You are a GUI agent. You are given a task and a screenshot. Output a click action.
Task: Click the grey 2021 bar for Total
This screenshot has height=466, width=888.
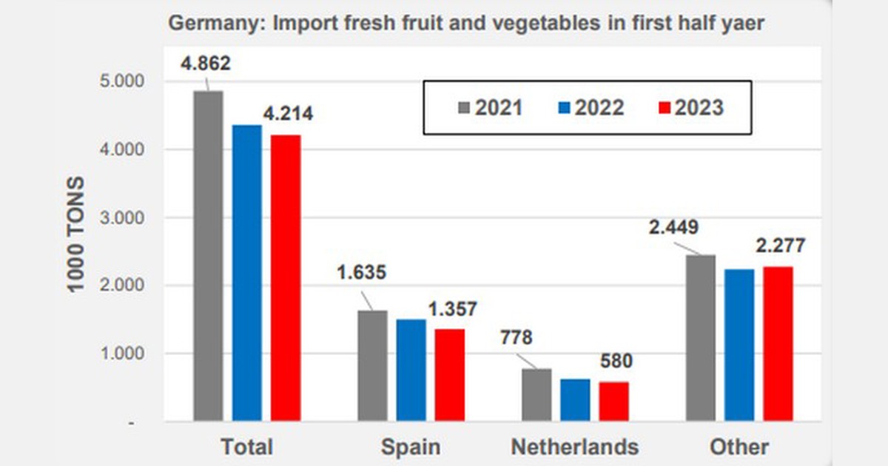pyautogui.click(x=208, y=255)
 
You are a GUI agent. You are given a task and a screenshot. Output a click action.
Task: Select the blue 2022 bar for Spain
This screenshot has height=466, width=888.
pyautogui.click(x=411, y=370)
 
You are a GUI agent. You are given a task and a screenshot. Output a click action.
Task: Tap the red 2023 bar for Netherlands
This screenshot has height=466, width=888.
pyautogui.click(x=613, y=401)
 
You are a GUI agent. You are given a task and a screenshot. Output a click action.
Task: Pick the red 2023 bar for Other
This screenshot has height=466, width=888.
pyautogui.click(x=778, y=344)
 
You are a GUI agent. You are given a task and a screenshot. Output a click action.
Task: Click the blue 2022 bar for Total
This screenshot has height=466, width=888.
pyautogui.click(x=246, y=274)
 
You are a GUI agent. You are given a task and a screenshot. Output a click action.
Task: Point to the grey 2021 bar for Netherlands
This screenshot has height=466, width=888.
pyautogui.click(x=536, y=395)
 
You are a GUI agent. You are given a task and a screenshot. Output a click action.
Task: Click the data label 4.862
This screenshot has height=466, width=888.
pyautogui.click(x=206, y=64)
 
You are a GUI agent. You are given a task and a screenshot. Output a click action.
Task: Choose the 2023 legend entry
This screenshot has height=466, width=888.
pyautogui.click(x=690, y=108)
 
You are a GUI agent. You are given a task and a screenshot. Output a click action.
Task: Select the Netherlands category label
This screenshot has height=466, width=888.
pyautogui.click(x=574, y=447)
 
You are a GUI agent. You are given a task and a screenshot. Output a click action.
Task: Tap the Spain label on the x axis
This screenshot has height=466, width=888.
pyautogui.click(x=410, y=447)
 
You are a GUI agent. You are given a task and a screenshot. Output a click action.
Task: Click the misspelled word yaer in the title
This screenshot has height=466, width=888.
pyautogui.click(x=740, y=23)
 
